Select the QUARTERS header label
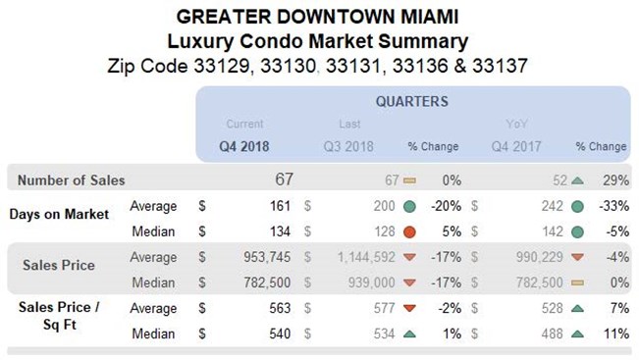(x=412, y=101)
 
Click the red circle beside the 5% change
(x=408, y=231)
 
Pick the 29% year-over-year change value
(x=612, y=180)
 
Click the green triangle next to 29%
(x=577, y=180)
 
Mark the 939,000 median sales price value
(x=368, y=283)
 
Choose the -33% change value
(x=610, y=206)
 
